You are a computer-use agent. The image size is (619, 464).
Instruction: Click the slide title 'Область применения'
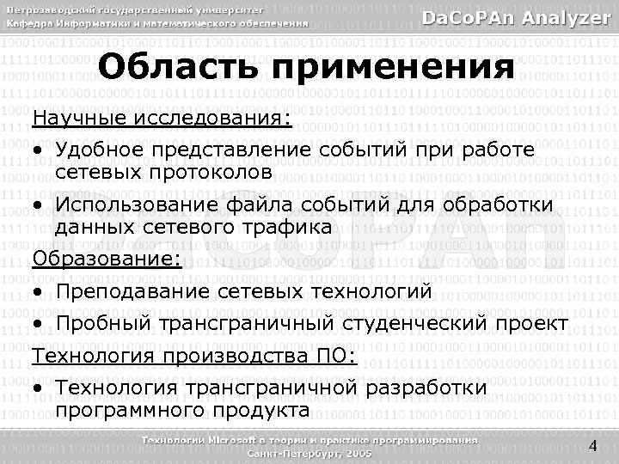coord(305,67)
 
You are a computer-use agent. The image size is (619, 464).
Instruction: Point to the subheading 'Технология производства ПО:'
coord(193,356)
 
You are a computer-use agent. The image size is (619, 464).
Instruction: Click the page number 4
coord(592,444)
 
